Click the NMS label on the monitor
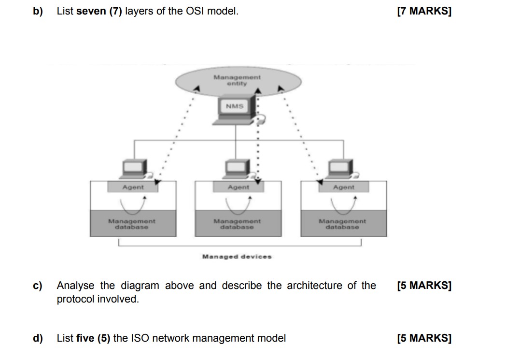(234, 106)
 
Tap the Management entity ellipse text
(237, 80)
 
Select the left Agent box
(133, 187)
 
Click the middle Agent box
(238, 187)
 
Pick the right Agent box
(343, 187)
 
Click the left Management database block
(132, 223)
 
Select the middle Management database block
(237, 223)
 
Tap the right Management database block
(342, 223)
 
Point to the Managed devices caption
(237, 257)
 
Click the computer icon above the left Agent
(134, 168)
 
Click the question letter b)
(38, 11)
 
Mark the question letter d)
(38, 338)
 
